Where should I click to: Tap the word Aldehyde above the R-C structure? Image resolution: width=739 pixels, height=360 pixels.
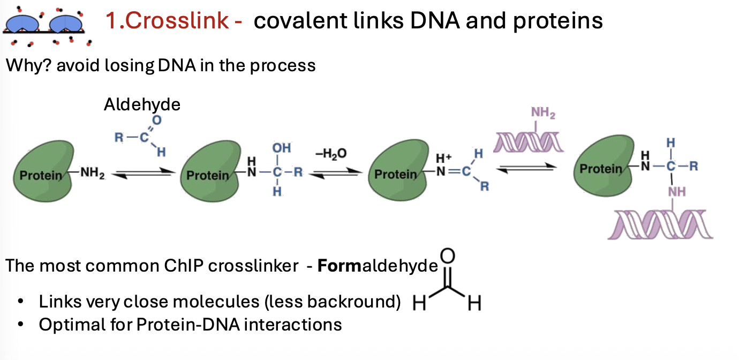click(142, 104)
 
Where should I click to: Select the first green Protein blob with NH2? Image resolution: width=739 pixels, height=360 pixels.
click(46, 170)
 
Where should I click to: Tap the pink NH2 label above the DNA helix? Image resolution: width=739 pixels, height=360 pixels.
click(543, 113)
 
